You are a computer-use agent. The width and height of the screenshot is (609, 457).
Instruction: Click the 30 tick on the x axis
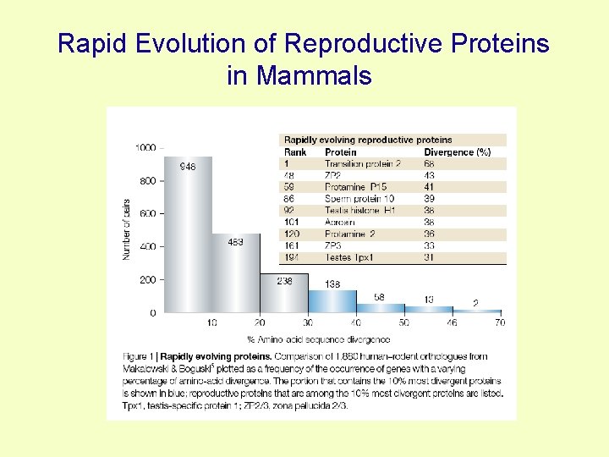point(308,323)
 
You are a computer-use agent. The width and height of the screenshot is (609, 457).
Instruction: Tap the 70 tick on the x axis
point(500,323)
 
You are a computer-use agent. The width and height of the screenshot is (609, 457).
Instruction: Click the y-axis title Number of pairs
point(127,228)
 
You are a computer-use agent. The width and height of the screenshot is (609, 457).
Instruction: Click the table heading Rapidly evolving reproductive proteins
point(368,140)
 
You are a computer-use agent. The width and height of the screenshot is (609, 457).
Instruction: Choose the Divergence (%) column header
point(457,152)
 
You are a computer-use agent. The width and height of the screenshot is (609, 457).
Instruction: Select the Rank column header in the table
point(295,152)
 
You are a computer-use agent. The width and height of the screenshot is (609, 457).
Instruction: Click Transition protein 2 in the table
point(363,163)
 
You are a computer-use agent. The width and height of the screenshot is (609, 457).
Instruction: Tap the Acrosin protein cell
point(340,222)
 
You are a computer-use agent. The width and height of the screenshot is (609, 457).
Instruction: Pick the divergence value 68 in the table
point(429,163)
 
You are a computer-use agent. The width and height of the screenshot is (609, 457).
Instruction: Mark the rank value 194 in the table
point(292,257)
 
